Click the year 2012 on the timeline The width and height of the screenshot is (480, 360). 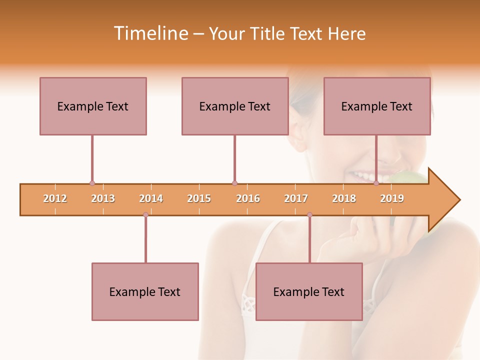55,198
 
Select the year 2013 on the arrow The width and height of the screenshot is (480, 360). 103,198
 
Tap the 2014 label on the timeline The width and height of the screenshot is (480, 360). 151,198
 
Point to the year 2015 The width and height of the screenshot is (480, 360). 199,198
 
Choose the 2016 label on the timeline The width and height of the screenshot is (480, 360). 248,198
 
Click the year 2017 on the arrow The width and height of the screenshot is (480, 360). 296,198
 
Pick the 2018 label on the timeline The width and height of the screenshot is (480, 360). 344,198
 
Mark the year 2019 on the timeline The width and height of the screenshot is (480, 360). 392,198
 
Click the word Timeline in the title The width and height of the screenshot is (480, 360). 149,33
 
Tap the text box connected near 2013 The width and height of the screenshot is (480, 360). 93,106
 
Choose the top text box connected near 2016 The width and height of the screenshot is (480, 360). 235,106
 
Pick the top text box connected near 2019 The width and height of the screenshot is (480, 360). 377,106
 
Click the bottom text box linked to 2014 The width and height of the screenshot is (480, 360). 145,291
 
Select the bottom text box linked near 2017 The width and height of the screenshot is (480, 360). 309,291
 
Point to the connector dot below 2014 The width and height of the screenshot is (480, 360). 145,215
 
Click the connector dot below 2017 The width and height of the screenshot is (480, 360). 309,215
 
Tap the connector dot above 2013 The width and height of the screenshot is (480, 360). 92,183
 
